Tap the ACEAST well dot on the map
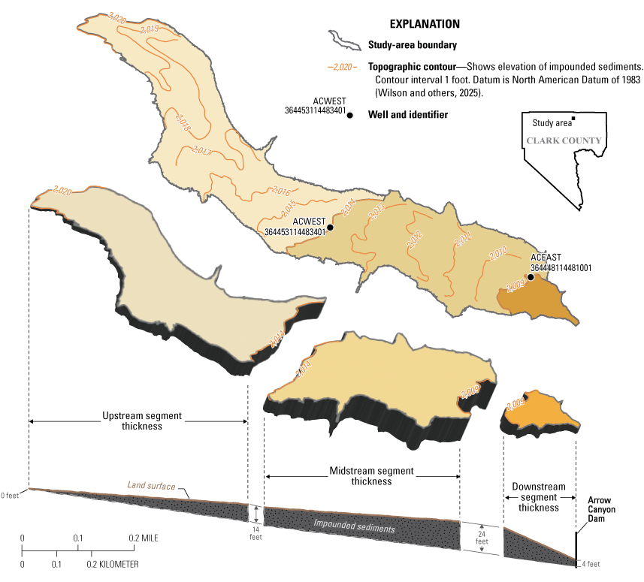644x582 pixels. tap(531, 277)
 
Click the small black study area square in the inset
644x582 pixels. tap(573, 119)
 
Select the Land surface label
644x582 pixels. tap(151, 487)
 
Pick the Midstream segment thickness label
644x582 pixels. tap(361, 476)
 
